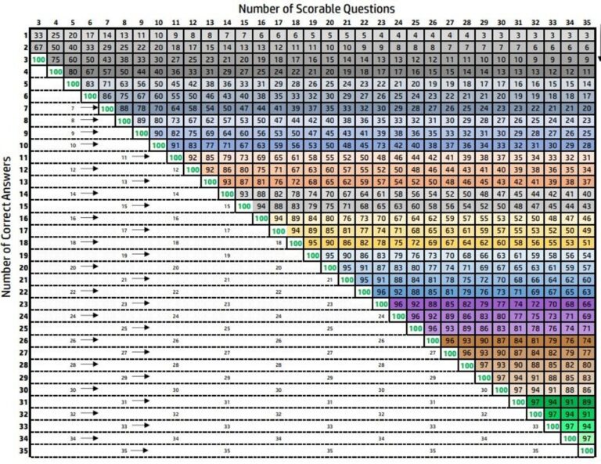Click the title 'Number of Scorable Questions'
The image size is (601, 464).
pyautogui.click(x=317, y=8)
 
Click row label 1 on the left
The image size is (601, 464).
pyautogui.click(x=25, y=34)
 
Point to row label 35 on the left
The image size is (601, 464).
pyautogui.click(x=25, y=451)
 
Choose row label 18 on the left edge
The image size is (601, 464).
pyautogui.click(x=25, y=243)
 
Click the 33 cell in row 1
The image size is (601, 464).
pyautogui.click(x=38, y=34)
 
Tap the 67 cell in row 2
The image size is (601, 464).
pyautogui.click(x=38, y=47)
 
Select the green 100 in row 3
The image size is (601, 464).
pyautogui.click(x=38, y=60)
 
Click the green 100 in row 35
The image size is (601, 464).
pyautogui.click(x=587, y=451)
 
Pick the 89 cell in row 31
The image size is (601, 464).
pyautogui.click(x=588, y=402)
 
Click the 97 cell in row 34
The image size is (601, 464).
pyautogui.click(x=588, y=439)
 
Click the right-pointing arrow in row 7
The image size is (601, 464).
pyautogui.click(x=90, y=108)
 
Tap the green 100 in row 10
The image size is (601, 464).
pyautogui.click(x=158, y=145)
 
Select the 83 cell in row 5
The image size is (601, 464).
pyautogui.click(x=89, y=84)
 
